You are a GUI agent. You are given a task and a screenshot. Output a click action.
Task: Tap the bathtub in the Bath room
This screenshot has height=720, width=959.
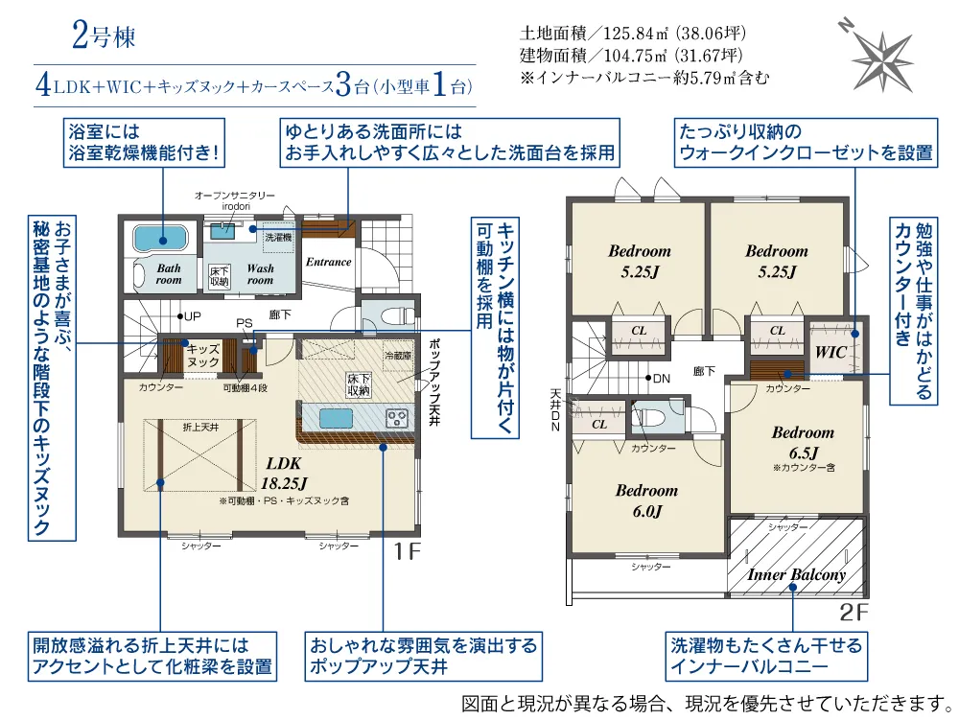click(159, 238)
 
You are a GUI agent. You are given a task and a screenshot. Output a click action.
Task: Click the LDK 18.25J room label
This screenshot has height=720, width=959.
click(284, 473)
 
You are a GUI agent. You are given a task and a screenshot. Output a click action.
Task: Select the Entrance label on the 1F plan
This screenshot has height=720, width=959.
click(328, 262)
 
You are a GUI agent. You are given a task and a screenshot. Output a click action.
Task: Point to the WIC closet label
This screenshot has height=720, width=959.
click(831, 352)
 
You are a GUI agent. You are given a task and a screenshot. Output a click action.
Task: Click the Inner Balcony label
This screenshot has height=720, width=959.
click(796, 574)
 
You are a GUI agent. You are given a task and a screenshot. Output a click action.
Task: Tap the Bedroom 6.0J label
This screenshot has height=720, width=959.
click(647, 500)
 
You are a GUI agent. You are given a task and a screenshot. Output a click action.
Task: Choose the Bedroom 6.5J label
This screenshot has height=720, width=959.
click(803, 443)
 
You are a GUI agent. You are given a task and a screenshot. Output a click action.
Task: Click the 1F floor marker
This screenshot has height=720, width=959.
click(408, 551)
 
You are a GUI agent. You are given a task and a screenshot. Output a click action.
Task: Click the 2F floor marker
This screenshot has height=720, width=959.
click(854, 612)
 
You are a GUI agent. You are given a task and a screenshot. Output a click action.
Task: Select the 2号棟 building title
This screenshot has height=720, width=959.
click(104, 35)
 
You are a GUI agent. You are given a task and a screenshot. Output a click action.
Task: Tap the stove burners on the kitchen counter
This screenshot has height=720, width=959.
click(396, 419)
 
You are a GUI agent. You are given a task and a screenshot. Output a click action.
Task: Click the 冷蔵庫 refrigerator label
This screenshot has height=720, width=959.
click(398, 355)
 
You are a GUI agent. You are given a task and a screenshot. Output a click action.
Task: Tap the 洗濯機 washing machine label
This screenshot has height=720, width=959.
click(278, 237)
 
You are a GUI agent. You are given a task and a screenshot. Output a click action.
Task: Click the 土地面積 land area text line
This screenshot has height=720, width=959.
click(632, 33)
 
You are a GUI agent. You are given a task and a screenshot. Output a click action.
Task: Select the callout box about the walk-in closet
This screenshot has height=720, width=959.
click(806, 143)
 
